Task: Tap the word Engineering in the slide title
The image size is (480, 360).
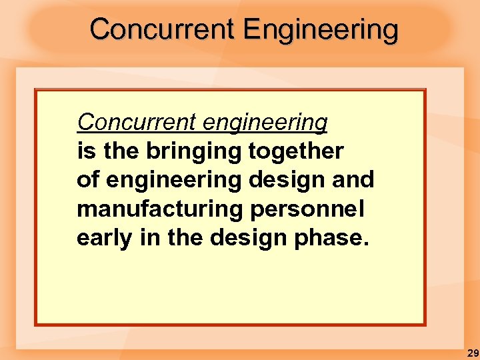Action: point(321,31)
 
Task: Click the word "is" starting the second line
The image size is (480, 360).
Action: point(85,151)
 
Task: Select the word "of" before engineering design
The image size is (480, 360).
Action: point(87,180)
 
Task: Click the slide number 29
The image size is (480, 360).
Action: point(472,353)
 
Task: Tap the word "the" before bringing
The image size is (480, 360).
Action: point(121,151)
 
